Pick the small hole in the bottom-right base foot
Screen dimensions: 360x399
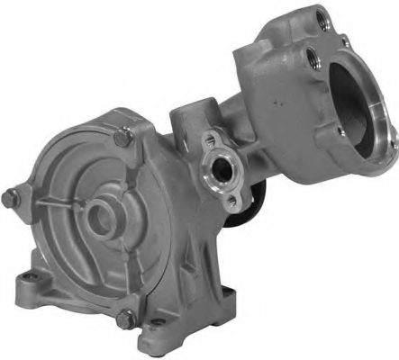(159, 322)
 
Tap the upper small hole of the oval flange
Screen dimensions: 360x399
(213, 140)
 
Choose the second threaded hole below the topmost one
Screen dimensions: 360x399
(312, 58)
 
